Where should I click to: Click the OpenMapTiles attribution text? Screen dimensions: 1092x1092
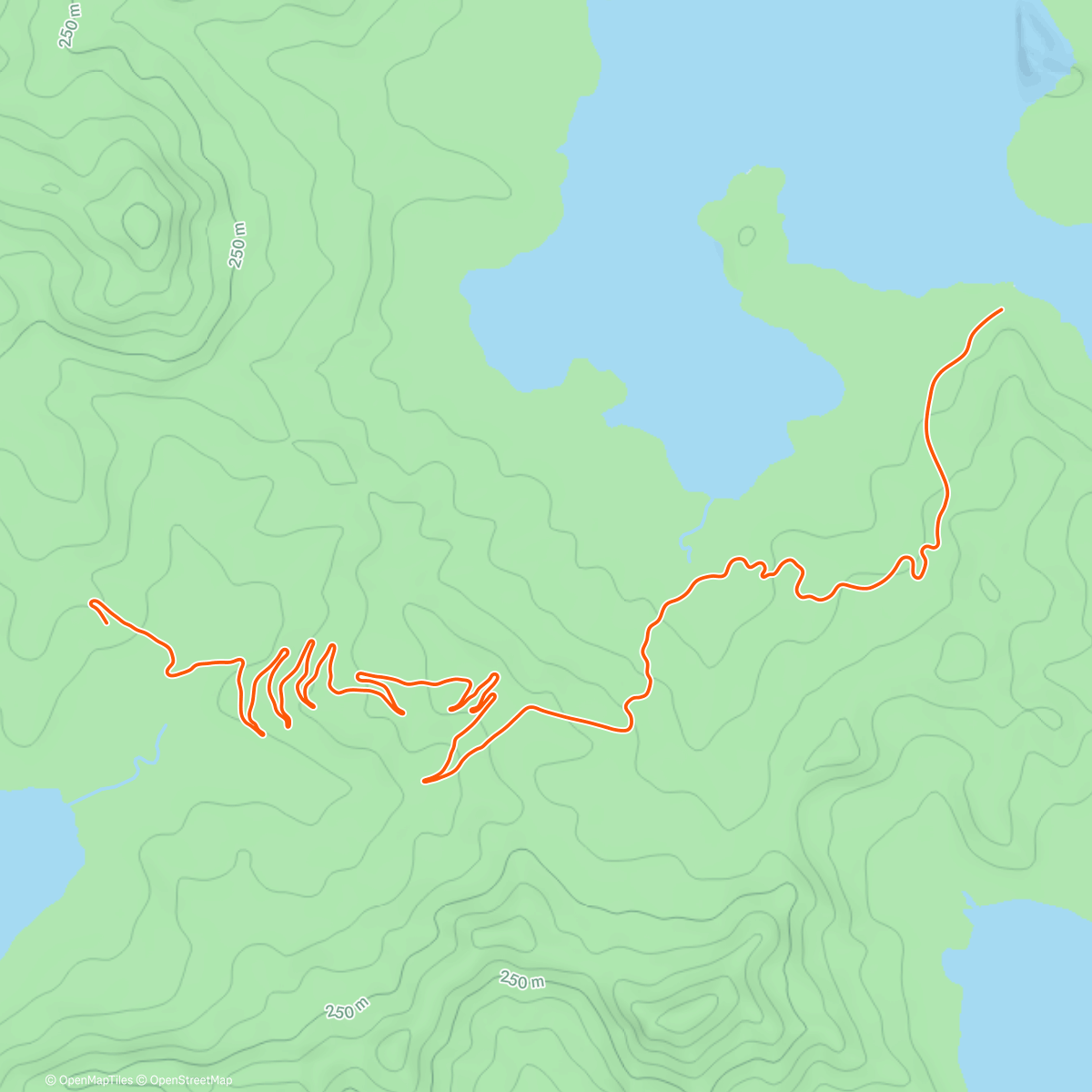point(96,1080)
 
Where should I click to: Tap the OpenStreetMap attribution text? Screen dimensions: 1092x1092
point(190,1080)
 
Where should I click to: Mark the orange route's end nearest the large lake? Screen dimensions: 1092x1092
point(1001,310)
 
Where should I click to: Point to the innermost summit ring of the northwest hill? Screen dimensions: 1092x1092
point(140,223)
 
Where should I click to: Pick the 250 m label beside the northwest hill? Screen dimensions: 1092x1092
point(238,244)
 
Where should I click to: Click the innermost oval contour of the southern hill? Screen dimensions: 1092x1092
point(682,1010)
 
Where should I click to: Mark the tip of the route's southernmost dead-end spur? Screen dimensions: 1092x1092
point(425,781)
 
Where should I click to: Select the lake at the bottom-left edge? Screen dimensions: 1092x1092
point(32,864)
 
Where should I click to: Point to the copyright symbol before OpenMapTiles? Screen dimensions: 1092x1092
point(51,1080)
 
